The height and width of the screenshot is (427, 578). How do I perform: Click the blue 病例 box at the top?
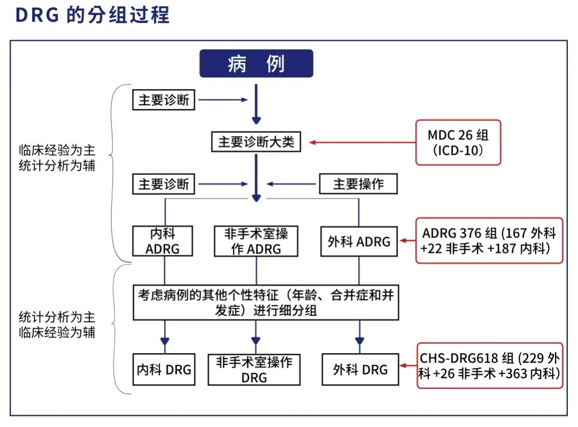point(256,64)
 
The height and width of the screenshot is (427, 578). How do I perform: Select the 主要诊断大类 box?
point(256,143)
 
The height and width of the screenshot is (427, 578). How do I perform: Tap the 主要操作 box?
point(359,185)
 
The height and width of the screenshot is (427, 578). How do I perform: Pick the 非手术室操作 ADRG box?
point(256,241)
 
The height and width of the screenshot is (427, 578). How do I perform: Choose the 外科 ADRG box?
point(359,241)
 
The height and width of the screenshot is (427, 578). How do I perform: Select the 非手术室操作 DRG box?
point(254,369)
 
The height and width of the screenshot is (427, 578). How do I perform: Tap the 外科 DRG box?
point(360,369)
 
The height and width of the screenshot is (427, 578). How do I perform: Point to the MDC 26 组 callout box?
point(458,142)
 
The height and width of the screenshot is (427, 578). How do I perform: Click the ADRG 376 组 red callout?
point(489,240)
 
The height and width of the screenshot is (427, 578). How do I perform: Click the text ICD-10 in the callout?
point(458,150)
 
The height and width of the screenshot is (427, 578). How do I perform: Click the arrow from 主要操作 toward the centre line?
point(292,185)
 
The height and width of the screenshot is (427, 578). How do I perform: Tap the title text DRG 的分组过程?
point(93,15)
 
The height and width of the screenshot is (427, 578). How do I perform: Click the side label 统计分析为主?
point(57,316)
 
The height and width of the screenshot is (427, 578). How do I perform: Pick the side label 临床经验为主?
point(57,150)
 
